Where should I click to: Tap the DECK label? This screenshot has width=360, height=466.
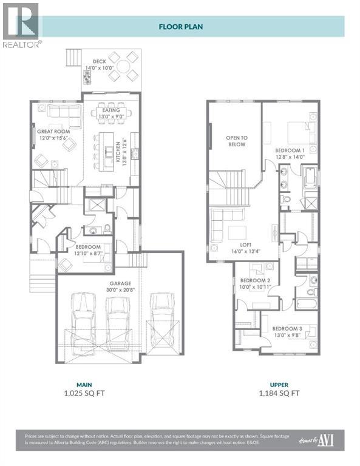[100, 61]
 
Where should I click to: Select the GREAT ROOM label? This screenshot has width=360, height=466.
[53, 131]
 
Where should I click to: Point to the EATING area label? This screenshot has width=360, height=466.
[111, 110]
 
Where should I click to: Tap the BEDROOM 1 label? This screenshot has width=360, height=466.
[290, 150]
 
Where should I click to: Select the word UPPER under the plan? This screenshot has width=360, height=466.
[279, 385]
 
